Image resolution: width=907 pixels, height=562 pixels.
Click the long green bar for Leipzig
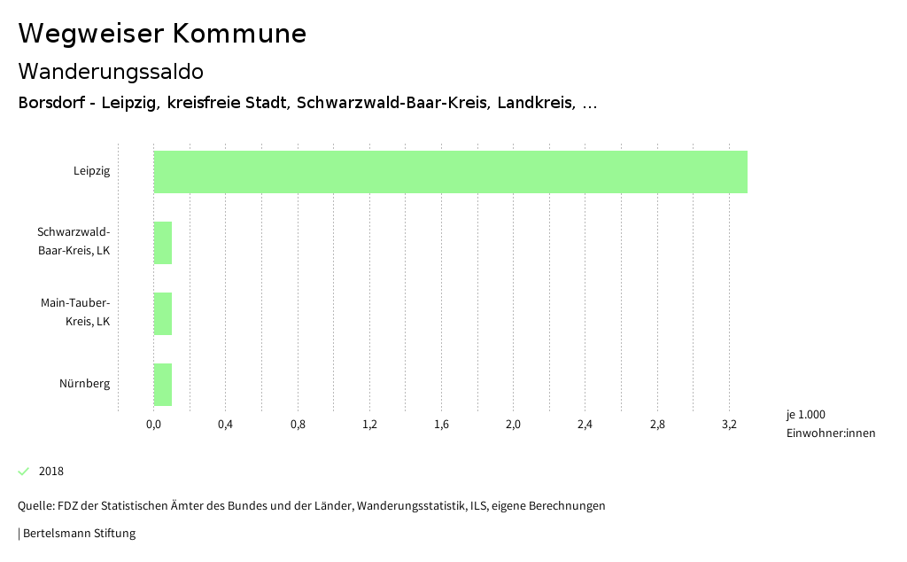450,172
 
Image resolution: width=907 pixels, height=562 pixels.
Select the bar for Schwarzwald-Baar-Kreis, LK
163,243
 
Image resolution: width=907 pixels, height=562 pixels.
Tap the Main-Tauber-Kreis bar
163,314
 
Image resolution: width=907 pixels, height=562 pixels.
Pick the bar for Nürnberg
163,385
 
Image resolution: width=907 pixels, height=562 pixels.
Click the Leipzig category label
92,171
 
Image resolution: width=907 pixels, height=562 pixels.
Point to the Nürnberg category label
85,384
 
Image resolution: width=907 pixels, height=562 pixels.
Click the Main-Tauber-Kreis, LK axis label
75,312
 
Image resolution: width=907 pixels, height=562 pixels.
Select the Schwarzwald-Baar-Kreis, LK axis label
74,241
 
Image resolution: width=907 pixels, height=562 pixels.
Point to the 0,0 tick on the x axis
153,425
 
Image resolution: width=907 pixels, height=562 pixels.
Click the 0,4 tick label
225,425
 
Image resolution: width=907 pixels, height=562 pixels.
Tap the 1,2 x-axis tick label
369,425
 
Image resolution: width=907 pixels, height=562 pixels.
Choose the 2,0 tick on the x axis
513,425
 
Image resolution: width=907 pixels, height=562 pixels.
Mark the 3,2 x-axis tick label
729,425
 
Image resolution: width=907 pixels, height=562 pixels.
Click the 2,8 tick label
657,425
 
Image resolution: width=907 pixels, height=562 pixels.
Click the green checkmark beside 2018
24,471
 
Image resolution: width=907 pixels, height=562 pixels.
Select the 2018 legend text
51,472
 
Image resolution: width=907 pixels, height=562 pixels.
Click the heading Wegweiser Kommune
162,34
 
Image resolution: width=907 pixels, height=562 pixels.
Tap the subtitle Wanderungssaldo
111,71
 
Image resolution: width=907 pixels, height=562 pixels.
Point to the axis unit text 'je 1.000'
805,415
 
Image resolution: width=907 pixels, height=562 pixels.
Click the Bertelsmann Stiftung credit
78,534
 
